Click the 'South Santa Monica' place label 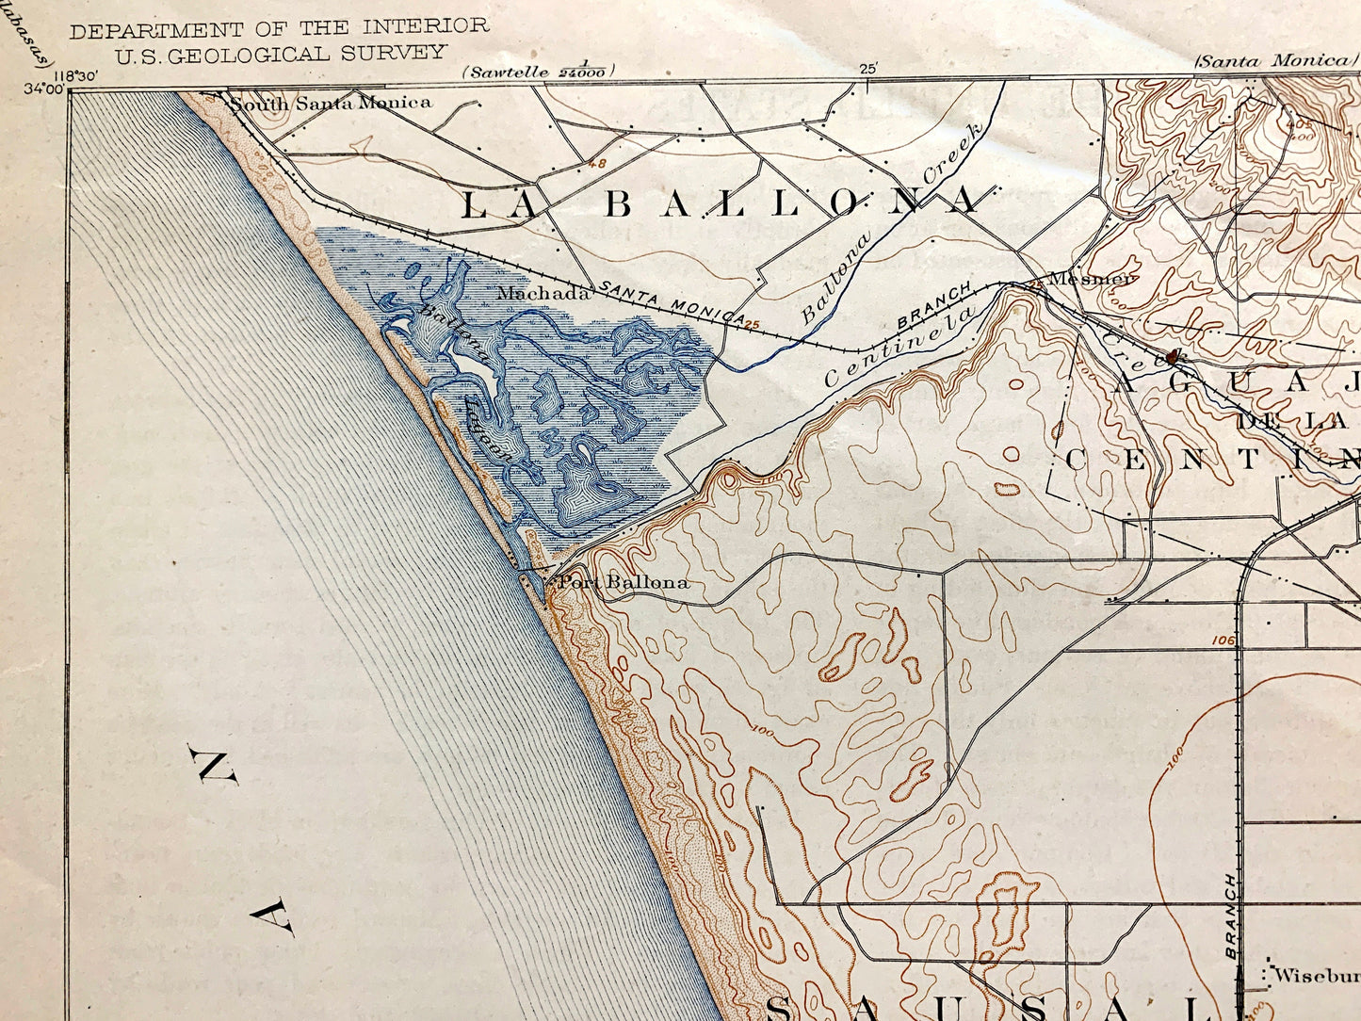pyautogui.click(x=331, y=103)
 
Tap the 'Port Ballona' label pyautogui.click(x=623, y=582)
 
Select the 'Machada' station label pyautogui.click(x=543, y=293)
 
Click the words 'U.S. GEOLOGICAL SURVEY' pyautogui.click(x=280, y=54)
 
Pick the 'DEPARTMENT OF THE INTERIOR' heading pyautogui.click(x=279, y=28)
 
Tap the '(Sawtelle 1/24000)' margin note pyautogui.click(x=538, y=71)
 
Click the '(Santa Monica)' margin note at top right pyautogui.click(x=1271, y=61)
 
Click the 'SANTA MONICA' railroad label pyautogui.click(x=672, y=302)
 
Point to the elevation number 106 pyautogui.click(x=1223, y=641)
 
